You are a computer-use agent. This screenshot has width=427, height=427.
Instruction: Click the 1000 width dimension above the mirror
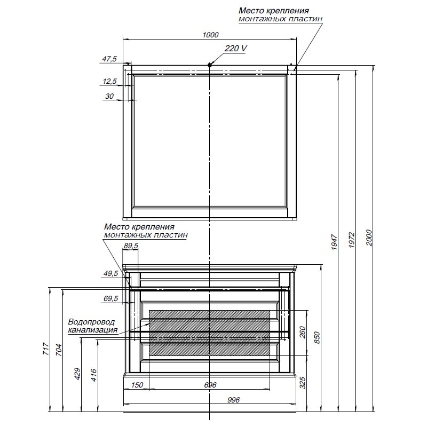[210, 35]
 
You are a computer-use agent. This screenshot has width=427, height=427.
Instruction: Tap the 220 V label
[235, 49]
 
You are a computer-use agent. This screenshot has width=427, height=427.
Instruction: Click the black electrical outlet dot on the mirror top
[209, 65]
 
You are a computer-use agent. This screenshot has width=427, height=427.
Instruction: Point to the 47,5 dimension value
[109, 59]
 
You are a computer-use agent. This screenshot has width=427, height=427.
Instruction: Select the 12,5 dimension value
[110, 81]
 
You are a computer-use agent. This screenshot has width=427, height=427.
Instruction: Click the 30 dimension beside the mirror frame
[109, 96]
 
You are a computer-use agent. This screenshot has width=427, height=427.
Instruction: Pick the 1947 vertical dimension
[335, 242]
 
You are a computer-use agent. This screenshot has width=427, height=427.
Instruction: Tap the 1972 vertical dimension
[352, 240]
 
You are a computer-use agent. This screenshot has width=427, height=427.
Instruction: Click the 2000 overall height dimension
[369, 238]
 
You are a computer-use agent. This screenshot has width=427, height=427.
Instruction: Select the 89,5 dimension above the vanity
[131, 246]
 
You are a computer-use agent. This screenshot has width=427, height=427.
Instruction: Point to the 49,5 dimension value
[110, 273]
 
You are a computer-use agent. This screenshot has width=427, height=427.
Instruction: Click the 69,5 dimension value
[110, 298]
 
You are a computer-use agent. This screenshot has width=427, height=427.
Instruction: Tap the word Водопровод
[91, 322]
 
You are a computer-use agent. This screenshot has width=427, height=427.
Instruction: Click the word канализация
[92, 330]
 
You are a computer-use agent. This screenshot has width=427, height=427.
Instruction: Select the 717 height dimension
[46, 349]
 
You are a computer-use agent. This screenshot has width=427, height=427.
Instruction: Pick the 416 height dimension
[93, 375]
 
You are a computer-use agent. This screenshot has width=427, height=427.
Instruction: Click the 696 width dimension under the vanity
[210, 385]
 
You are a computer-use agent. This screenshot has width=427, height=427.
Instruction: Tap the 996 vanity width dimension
[233, 400]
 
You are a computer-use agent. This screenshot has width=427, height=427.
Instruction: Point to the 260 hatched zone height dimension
[303, 332]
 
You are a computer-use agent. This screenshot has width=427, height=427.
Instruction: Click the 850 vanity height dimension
[317, 337]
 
